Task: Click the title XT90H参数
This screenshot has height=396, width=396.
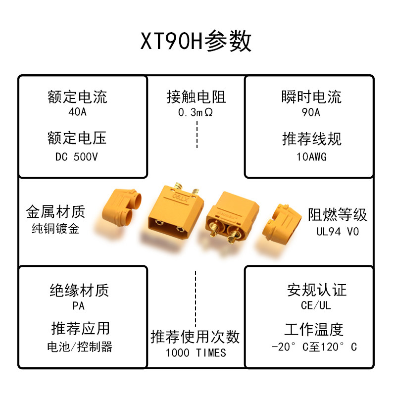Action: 196,42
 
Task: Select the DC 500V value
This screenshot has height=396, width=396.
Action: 77,157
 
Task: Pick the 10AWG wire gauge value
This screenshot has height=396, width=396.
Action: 311,157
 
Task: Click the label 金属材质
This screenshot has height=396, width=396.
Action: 55,212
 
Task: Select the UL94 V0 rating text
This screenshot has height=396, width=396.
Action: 338,231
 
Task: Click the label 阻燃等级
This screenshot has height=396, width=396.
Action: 338,214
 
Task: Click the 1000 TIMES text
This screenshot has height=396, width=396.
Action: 196,353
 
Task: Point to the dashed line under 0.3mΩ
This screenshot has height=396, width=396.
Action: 197,135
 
